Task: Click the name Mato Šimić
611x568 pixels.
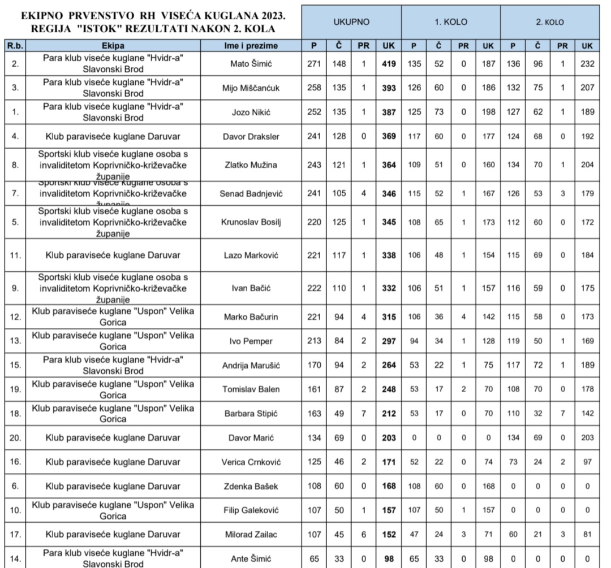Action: click(254, 64)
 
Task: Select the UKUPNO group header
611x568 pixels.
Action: click(351, 22)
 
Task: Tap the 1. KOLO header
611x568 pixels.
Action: click(450, 22)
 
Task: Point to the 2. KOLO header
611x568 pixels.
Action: click(550, 22)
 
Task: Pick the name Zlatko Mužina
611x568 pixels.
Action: click(254, 166)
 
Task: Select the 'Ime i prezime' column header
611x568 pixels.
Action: click(254, 45)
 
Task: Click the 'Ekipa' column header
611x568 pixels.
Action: click(114, 45)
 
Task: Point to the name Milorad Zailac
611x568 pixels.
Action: click(254, 534)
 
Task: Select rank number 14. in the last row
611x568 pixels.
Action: click(15, 558)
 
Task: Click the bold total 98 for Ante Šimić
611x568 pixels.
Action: click(389, 558)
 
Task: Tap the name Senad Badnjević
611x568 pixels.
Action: click(254, 194)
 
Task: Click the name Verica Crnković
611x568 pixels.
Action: click(254, 462)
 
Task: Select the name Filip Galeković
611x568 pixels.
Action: click(254, 510)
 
